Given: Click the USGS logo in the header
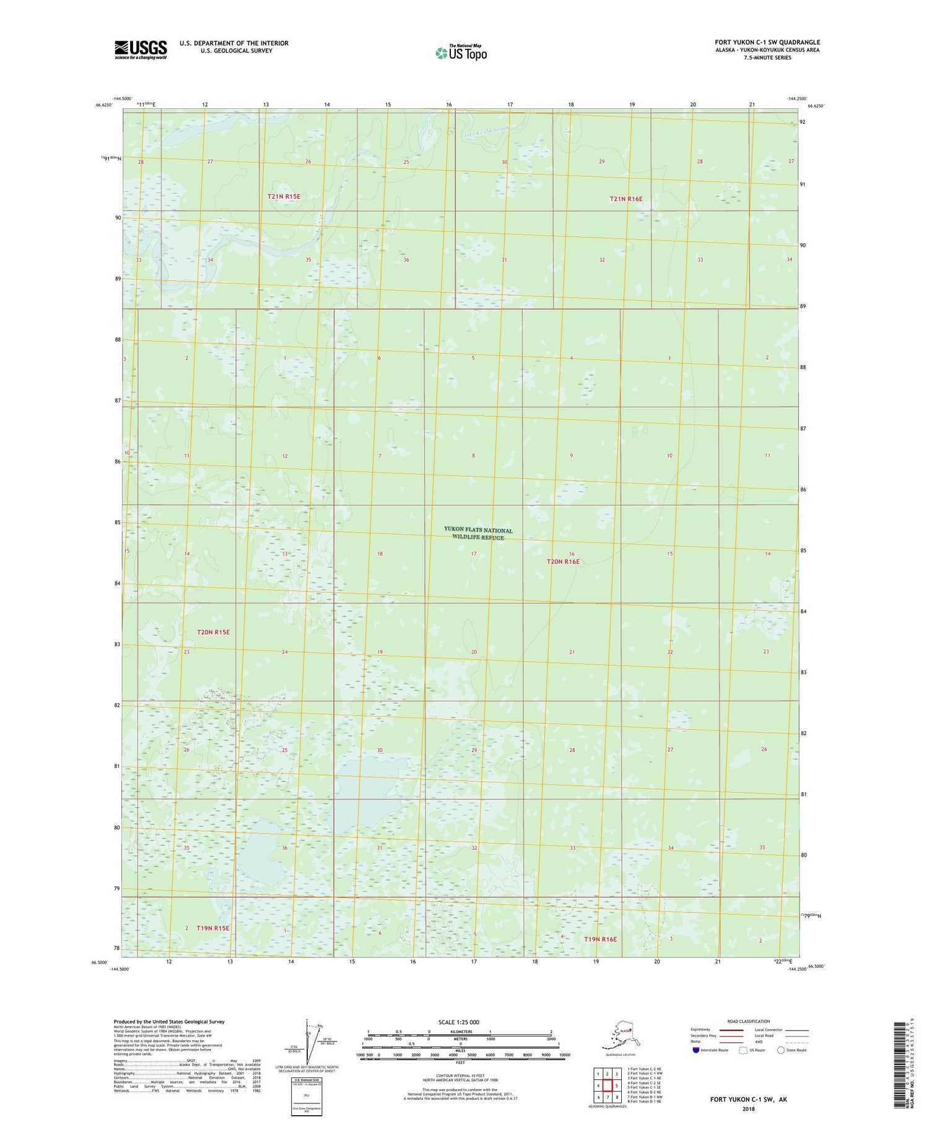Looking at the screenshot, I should [x=140, y=50].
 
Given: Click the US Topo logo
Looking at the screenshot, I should [x=461, y=53].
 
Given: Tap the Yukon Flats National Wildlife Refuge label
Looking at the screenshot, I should [x=478, y=533].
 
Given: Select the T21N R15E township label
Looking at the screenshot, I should [x=284, y=196].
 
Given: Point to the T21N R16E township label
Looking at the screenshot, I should [x=626, y=199].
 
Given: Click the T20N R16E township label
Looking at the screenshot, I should [x=562, y=561].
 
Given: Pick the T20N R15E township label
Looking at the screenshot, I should [x=213, y=632].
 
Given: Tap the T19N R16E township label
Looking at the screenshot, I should [x=600, y=939].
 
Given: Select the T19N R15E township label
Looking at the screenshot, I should [x=212, y=928].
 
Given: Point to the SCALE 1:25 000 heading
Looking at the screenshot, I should [x=459, y=1022].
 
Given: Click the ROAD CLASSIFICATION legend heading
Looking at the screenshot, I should [x=749, y=1021].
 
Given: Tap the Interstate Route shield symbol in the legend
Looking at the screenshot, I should [x=696, y=1050].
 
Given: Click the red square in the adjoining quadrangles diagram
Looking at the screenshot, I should [x=608, y=1085].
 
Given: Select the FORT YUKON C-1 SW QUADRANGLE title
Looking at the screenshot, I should [x=767, y=42].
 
